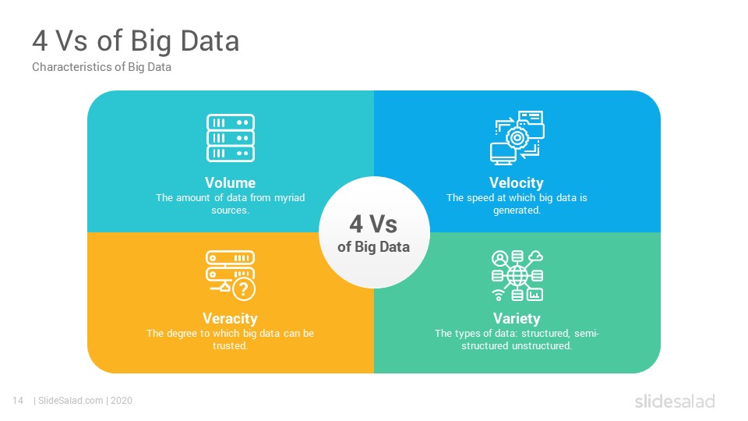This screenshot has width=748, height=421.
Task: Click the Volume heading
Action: [x=230, y=182]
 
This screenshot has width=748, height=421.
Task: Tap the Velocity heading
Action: [x=516, y=183]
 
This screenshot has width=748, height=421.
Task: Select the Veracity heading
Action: [x=230, y=319]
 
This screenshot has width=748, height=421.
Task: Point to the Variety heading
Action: [x=517, y=319]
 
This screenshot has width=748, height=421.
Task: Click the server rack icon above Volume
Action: [x=231, y=138]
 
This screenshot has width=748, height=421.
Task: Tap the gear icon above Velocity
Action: [x=517, y=139]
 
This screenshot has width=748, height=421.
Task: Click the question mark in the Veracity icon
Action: [x=243, y=288]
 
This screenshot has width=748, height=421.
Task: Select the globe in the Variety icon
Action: [x=517, y=275]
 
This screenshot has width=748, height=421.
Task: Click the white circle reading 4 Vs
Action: [x=375, y=232]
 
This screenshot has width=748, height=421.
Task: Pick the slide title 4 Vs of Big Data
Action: [x=136, y=41]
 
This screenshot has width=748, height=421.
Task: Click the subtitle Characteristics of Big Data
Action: [x=101, y=67]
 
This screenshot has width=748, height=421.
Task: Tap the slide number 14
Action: [x=18, y=401]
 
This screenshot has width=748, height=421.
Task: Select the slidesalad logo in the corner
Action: [x=675, y=401]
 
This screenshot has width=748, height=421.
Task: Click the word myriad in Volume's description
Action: [x=290, y=197]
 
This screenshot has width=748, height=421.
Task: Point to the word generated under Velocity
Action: [x=517, y=210]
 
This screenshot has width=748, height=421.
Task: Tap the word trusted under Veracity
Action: [x=230, y=345]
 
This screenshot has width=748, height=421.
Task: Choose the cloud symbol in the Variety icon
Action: [x=536, y=256]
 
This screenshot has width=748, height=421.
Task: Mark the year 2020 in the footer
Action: [x=122, y=401]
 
